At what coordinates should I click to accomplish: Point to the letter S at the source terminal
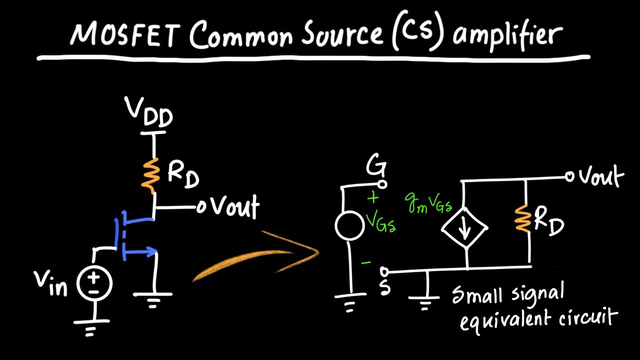point(384,288)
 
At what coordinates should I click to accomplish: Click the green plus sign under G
point(373,198)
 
